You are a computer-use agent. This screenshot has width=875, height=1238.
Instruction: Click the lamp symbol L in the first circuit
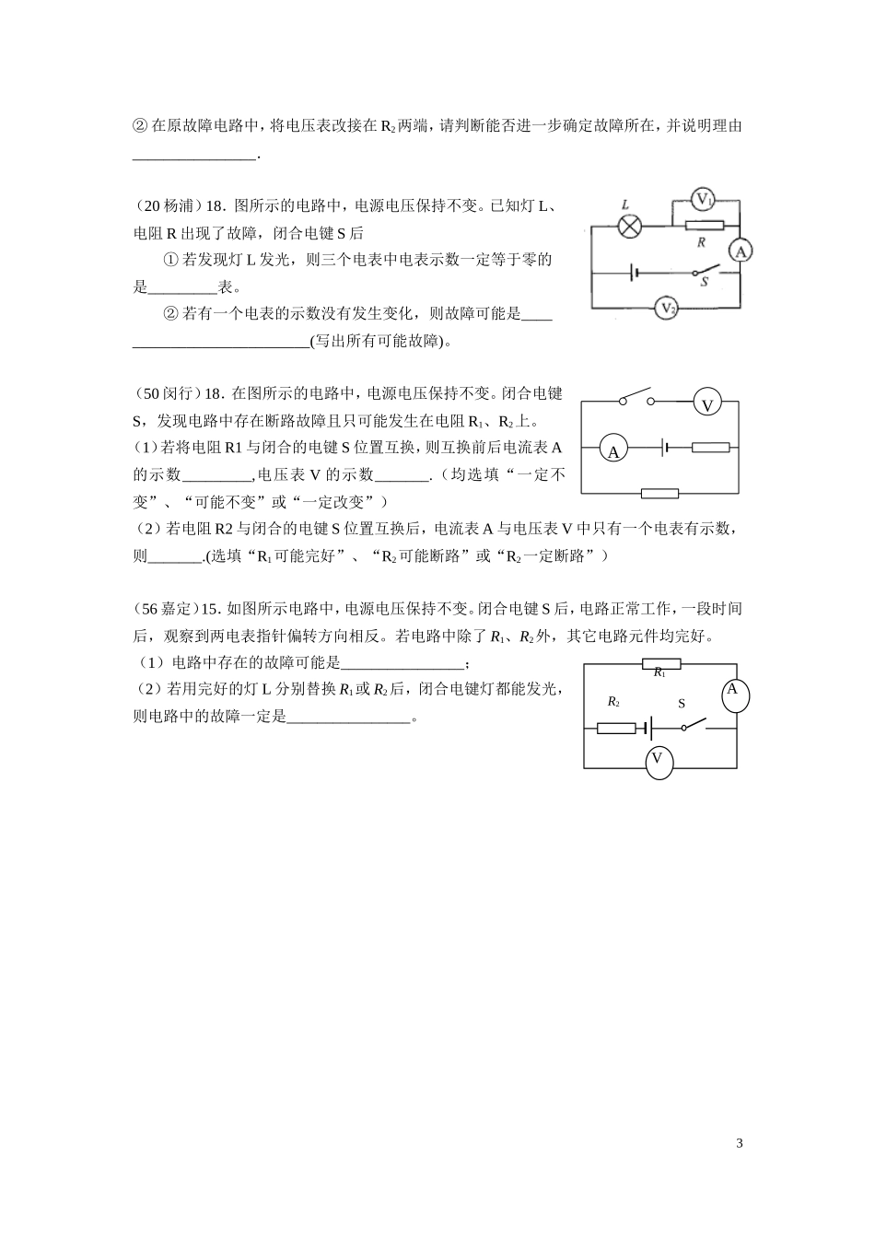[630, 227]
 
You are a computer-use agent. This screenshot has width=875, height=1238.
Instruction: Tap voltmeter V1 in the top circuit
[704, 199]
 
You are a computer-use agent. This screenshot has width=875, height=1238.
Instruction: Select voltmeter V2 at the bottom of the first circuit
[667, 308]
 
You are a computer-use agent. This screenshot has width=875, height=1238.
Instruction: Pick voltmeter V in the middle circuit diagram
[707, 403]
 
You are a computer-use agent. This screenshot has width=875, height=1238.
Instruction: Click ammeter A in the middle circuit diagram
[613, 450]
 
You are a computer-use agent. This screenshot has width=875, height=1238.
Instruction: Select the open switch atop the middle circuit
[636, 399]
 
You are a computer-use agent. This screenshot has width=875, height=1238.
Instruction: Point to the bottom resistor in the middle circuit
[659, 493]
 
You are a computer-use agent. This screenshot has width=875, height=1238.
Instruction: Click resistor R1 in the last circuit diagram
[660, 663]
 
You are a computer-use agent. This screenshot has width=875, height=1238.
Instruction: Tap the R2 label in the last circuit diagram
[613, 702]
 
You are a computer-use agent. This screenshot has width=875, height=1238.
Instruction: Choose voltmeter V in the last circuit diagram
[658, 760]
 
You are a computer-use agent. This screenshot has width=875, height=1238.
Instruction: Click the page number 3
[740, 1143]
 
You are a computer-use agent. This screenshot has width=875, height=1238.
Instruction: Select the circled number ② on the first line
[141, 126]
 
